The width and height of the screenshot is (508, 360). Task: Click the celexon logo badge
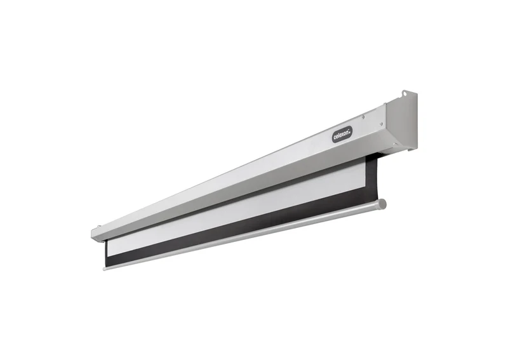click(x=342, y=134)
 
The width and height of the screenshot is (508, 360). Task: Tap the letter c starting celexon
click(x=335, y=138)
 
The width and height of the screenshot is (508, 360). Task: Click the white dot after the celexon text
click(x=351, y=131)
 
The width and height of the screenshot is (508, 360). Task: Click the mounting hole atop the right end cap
click(x=404, y=94)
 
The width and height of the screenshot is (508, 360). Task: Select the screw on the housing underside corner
click(x=394, y=145)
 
